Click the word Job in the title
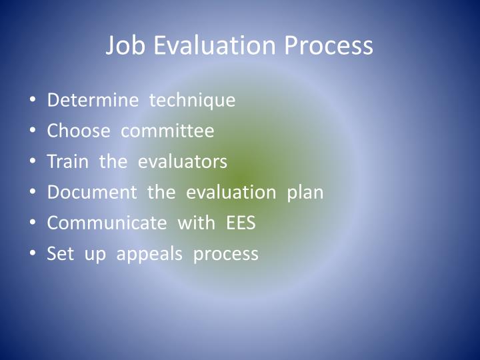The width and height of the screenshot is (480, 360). click(125, 46)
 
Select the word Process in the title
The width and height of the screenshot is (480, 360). click(329, 46)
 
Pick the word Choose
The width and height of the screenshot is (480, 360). click(78, 131)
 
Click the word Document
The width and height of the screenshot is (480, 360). click(91, 192)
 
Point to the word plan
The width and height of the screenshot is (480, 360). click(305, 193)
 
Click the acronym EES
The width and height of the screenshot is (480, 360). click(241, 223)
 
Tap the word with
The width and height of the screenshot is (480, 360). click(197, 223)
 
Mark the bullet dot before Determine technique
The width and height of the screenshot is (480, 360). click(34, 101)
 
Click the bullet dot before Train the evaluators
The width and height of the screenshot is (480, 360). click(34, 162)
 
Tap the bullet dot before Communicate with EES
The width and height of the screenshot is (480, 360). click(34, 223)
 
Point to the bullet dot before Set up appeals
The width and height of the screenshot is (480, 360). click(34, 254)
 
